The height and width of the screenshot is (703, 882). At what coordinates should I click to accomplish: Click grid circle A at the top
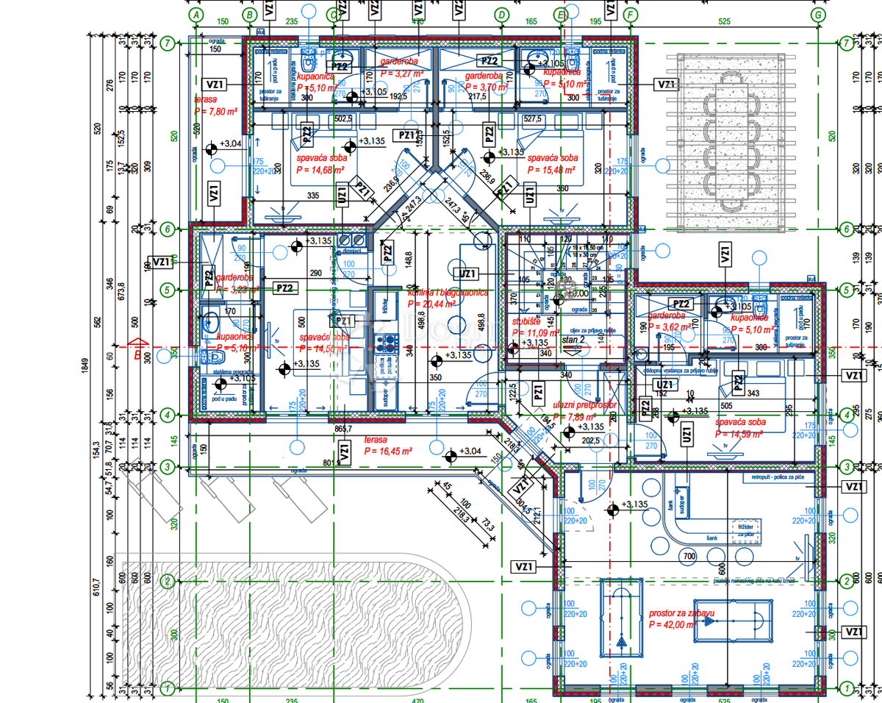point(196,14)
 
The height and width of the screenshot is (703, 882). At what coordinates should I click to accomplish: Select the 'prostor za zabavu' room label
point(681,613)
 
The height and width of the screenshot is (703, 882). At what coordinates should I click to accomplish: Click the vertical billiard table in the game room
point(621,616)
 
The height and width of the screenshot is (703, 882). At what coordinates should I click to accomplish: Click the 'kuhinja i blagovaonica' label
point(448,293)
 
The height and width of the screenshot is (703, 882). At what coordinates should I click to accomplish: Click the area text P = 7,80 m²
point(215,110)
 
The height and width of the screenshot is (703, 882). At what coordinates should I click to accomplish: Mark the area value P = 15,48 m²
point(551,169)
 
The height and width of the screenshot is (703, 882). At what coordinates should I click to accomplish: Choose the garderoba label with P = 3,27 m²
point(401,74)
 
